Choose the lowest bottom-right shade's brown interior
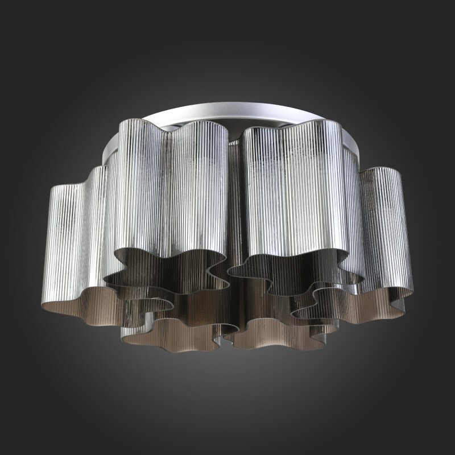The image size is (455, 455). click(x=273, y=336)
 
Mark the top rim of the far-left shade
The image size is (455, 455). click(x=68, y=187)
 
